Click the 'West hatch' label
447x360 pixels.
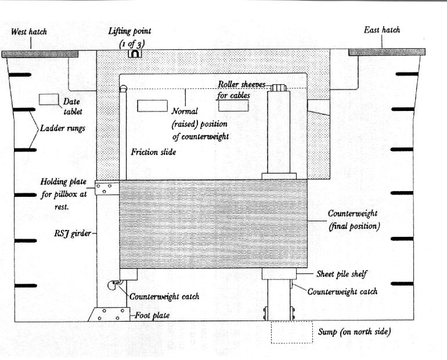coord(29,31)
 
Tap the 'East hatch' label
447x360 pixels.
coord(382,30)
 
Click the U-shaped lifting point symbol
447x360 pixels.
coord(135,53)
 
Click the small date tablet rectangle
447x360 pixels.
coord(49,99)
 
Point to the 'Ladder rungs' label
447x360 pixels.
coord(63,128)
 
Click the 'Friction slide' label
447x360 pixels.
coord(153,152)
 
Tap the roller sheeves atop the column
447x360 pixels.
coord(279,88)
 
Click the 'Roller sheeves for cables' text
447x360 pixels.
coord(241,90)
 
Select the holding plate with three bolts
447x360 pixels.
coord(107,188)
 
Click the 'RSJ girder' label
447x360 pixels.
coord(73,233)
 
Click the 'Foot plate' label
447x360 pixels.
coord(152,315)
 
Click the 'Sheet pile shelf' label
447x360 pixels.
coord(341,274)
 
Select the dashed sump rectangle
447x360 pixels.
coord(291,332)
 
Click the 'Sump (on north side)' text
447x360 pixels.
coord(354,332)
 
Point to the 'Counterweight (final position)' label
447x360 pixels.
coord(354,219)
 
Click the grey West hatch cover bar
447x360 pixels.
coord(40,54)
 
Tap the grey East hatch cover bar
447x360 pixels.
coord(387,52)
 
